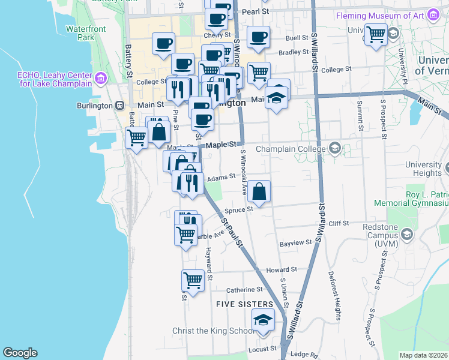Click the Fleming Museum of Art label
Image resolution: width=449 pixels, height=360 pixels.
381,14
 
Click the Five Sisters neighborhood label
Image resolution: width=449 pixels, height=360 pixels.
245,305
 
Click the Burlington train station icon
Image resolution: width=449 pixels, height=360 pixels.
120,106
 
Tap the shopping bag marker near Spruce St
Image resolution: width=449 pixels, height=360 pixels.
260,193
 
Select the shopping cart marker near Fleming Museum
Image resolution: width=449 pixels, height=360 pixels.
376,34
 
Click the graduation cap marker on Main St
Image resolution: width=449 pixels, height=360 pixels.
277,97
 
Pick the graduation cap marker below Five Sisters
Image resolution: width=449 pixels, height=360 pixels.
262,321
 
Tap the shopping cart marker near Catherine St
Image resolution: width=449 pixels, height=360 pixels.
193,280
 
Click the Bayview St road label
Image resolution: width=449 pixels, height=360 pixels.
297,243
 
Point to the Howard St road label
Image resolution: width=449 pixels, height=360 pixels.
282,270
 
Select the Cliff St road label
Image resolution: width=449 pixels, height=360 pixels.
339,223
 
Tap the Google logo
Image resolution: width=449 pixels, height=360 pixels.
20,353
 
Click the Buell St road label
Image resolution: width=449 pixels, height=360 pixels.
297,37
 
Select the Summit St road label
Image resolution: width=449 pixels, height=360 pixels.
360,115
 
